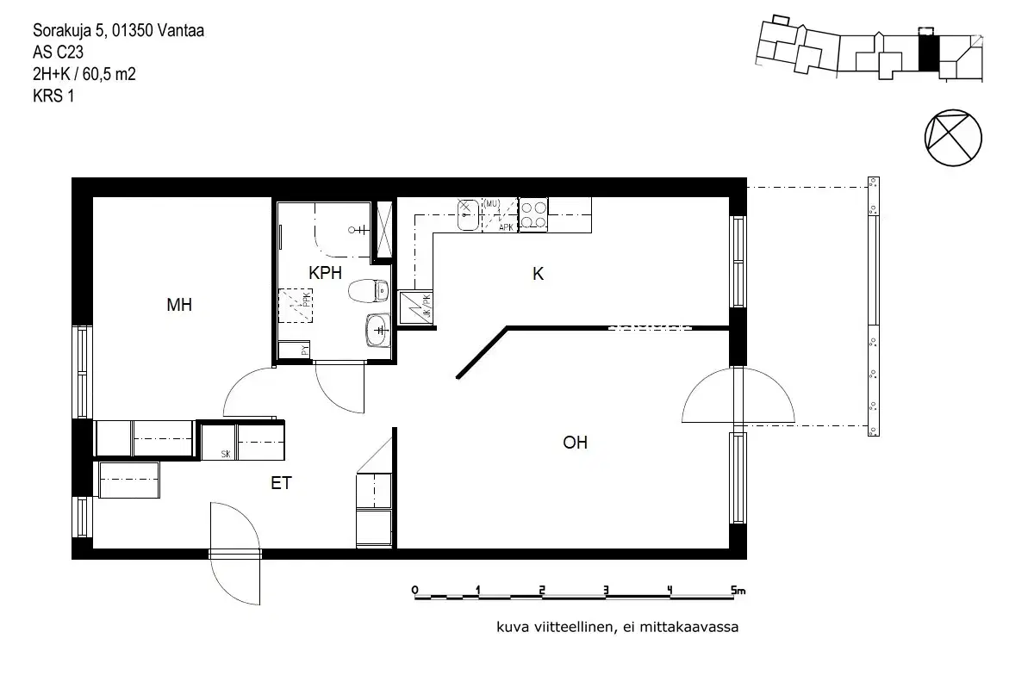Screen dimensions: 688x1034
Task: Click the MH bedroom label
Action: [x=179, y=305]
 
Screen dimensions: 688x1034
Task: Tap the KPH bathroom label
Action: [x=327, y=273]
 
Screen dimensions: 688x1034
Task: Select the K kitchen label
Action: [x=539, y=275]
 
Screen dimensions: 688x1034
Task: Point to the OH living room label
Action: [x=576, y=443]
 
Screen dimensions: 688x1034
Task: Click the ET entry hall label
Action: [x=281, y=484]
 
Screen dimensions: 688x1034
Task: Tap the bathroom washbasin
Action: [x=378, y=329]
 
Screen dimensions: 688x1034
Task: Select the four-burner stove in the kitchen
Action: [x=533, y=214]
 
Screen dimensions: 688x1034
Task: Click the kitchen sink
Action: [x=467, y=214]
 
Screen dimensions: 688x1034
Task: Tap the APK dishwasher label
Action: [x=506, y=227]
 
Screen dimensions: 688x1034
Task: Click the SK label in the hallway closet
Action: [x=226, y=454]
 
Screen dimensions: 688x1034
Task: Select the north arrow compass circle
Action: [x=952, y=138]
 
